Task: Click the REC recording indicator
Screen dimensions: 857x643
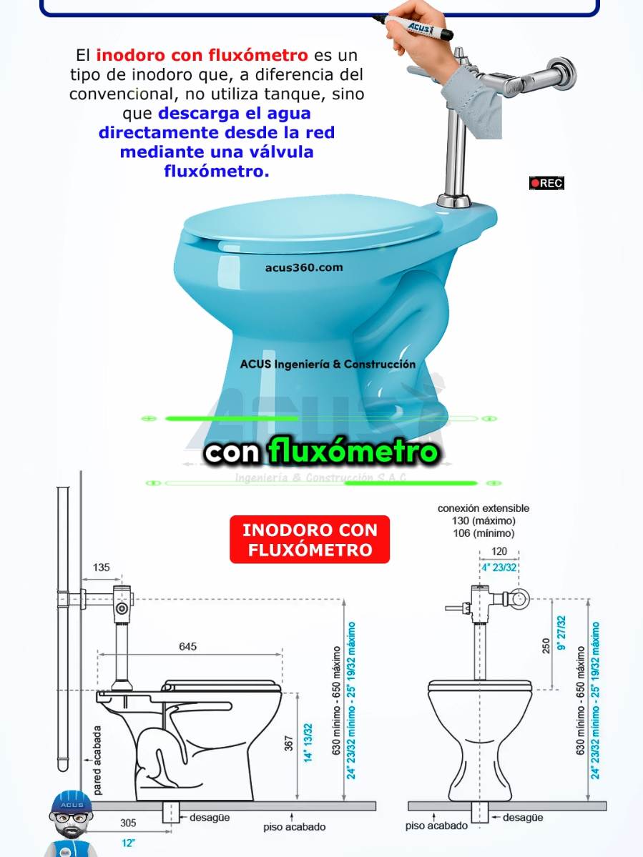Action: pyautogui.click(x=547, y=183)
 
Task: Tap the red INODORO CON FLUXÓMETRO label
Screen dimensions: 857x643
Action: pyautogui.click(x=310, y=540)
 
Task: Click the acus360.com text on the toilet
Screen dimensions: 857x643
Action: pyautogui.click(x=304, y=268)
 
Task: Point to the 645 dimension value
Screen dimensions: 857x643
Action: pyautogui.click(x=187, y=647)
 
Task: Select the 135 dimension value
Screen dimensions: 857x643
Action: pyautogui.click(x=102, y=568)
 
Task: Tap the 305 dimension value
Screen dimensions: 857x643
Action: pyautogui.click(x=128, y=823)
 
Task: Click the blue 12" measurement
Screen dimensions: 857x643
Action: pyautogui.click(x=128, y=843)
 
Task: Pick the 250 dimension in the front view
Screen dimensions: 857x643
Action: pyautogui.click(x=546, y=646)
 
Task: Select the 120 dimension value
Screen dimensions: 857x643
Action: pyautogui.click(x=499, y=551)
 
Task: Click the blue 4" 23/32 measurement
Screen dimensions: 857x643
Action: pyautogui.click(x=499, y=568)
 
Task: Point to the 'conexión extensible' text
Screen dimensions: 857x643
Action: pyautogui.click(x=484, y=508)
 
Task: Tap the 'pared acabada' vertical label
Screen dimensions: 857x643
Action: pyautogui.click(x=97, y=761)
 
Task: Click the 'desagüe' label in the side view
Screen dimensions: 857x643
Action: pyautogui.click(x=210, y=817)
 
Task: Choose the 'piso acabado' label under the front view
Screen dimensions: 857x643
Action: pyautogui.click(x=436, y=826)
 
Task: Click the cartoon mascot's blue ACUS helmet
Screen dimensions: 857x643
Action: pyautogui.click(x=72, y=804)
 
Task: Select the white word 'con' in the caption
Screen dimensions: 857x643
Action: pyautogui.click(x=233, y=452)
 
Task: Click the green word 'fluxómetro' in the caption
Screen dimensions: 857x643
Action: pyautogui.click(x=353, y=452)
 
